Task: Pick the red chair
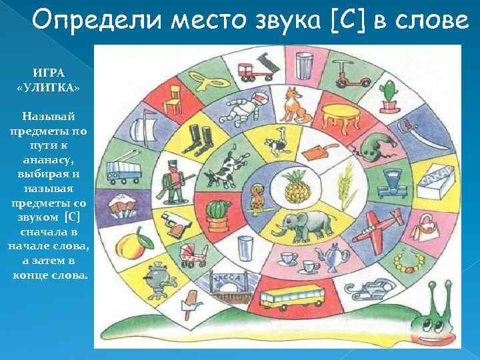(x=175, y=100)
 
